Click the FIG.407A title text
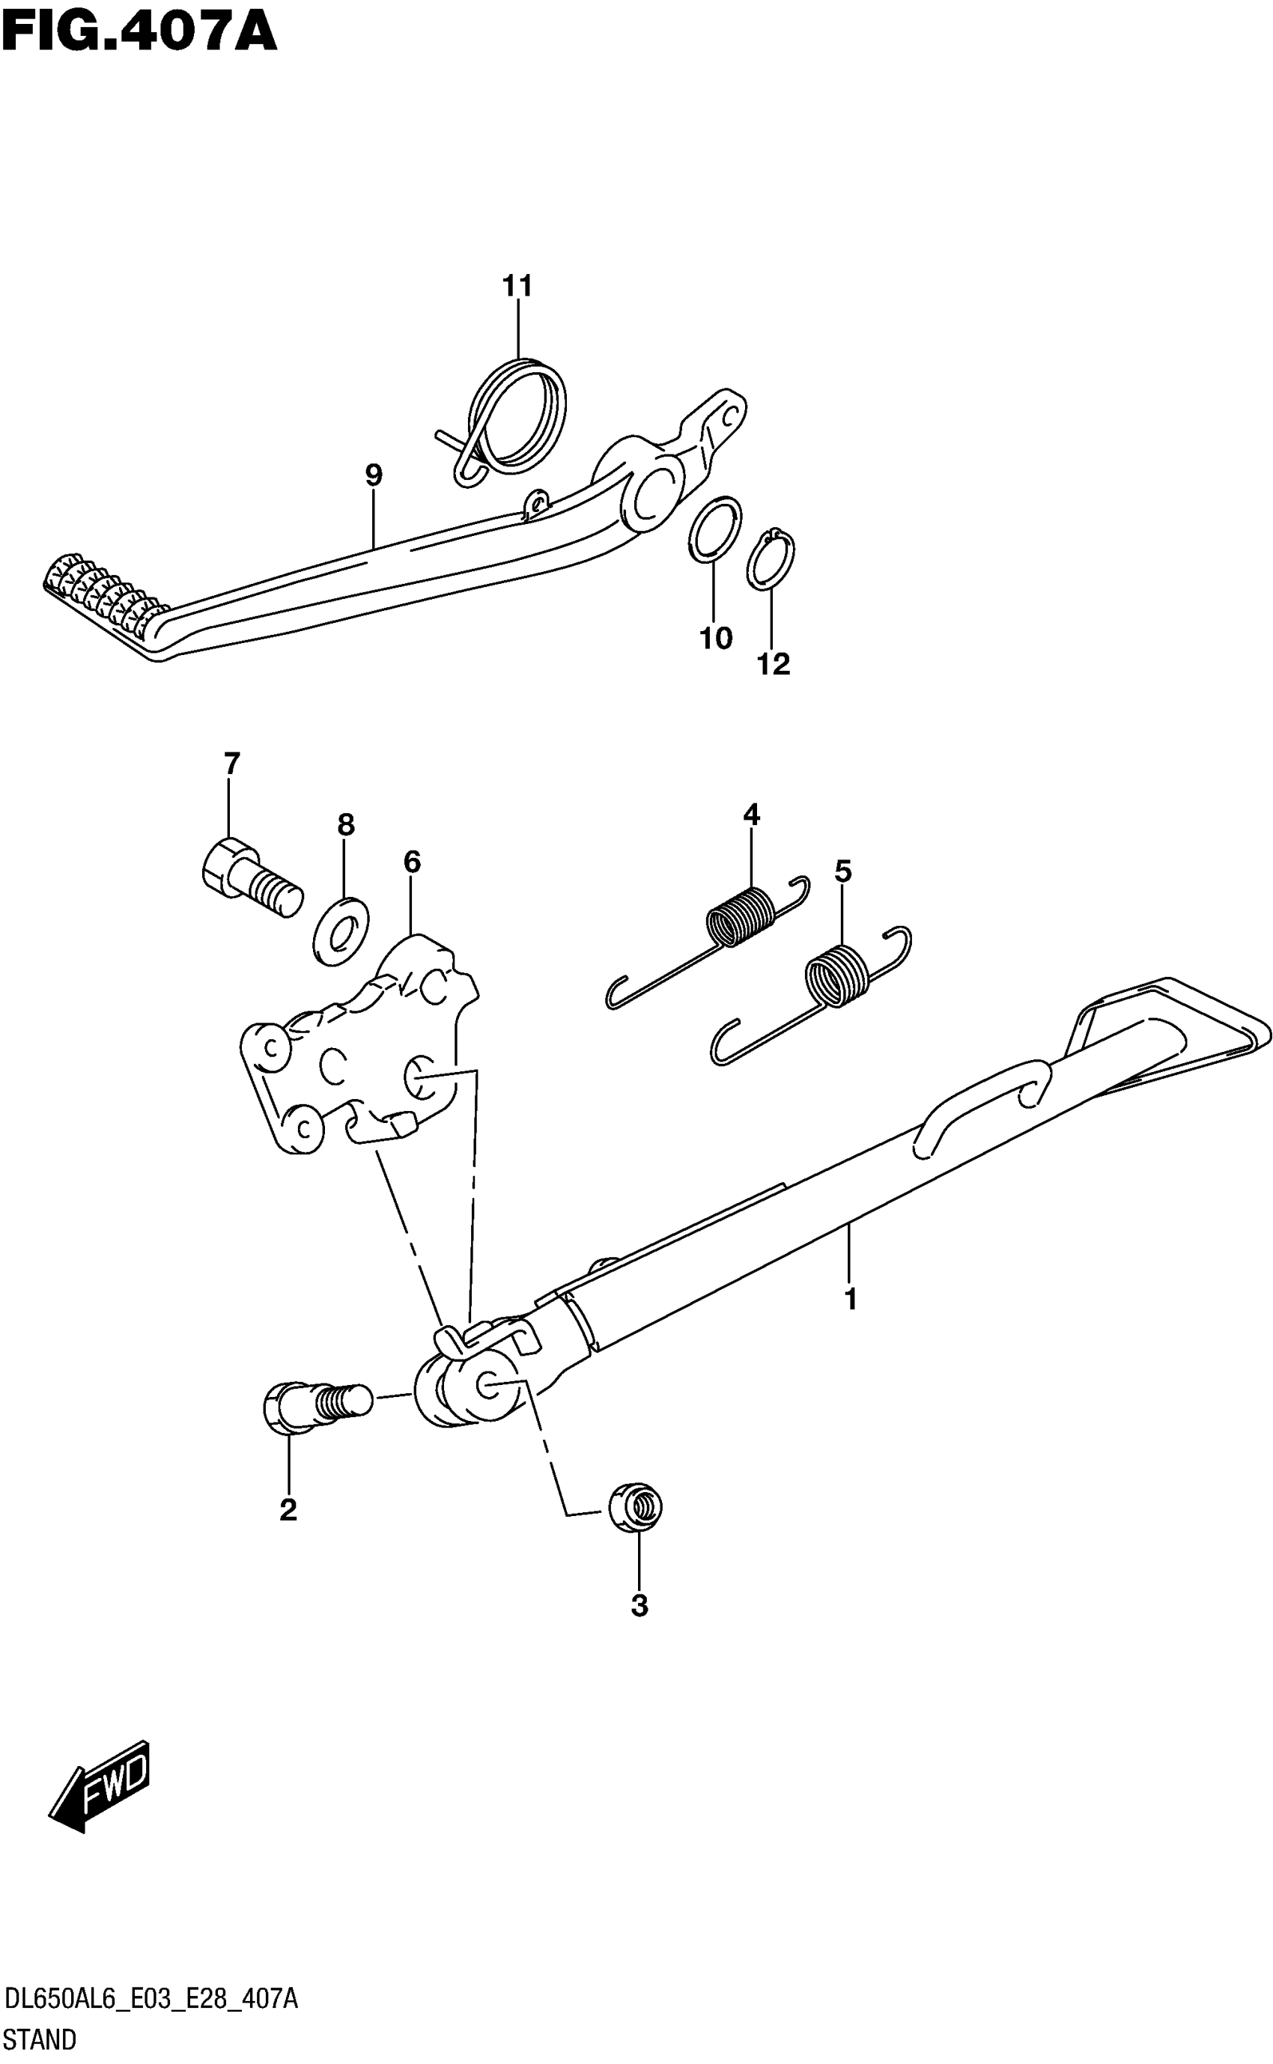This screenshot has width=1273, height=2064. click(x=139, y=34)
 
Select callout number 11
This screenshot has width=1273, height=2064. click(x=517, y=286)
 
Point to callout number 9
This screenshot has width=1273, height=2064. click(x=374, y=475)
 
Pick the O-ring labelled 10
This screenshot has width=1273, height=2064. click(x=716, y=529)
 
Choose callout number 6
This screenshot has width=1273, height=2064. click(x=412, y=861)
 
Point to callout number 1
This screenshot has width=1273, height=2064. click(x=851, y=1299)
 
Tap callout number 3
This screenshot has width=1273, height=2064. click(x=639, y=1606)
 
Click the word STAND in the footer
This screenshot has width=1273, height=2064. click(x=40, y=2039)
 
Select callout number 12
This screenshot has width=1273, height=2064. click(x=774, y=664)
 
